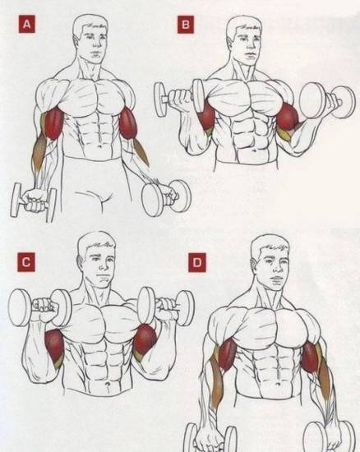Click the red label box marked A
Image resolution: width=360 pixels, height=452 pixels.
27,24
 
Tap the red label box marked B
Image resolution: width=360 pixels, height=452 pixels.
186,25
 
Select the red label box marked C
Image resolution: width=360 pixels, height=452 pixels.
26,262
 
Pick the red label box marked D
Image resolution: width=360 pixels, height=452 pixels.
197,262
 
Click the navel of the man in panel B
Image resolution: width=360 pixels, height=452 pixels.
254,150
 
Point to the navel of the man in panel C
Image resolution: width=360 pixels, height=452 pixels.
108,385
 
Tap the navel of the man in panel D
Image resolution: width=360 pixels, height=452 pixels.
278,385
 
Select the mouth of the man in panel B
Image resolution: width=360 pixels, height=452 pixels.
249,54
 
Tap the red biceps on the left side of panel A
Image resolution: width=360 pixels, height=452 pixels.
53,124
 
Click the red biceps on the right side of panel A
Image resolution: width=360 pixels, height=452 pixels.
128,124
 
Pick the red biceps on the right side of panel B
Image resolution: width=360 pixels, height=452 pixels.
287,117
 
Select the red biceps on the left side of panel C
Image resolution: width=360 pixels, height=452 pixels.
54,345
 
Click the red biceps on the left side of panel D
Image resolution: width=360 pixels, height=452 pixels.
227,354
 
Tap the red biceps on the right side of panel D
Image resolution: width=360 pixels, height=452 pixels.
309,357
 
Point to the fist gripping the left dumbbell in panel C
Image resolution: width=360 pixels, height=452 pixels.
44,305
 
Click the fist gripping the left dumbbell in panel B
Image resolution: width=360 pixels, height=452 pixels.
181,98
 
